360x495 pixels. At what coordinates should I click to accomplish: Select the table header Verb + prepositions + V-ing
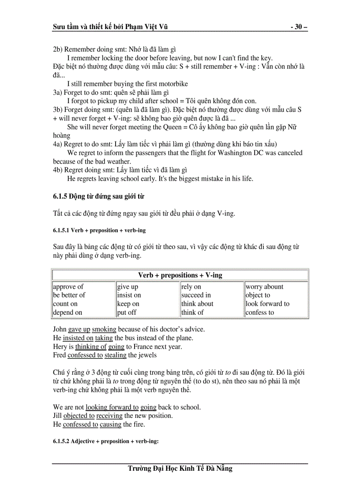180,275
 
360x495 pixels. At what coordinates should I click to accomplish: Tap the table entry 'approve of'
68,287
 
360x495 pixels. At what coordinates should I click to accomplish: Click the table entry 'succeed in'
196,295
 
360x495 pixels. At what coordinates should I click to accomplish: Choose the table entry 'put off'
127,313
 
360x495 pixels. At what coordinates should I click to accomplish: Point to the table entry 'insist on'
129,295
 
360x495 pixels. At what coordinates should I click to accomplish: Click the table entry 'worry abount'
264,287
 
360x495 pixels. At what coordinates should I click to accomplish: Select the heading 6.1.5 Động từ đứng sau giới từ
98,196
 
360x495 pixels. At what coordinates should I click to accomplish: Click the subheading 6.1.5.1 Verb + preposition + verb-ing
99,231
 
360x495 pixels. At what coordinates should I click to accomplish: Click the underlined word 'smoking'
104,329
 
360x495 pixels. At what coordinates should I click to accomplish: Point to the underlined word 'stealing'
116,355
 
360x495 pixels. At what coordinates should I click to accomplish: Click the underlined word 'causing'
110,424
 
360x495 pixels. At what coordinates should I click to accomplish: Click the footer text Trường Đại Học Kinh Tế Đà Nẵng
180,469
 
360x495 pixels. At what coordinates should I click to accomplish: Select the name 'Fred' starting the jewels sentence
59,355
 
